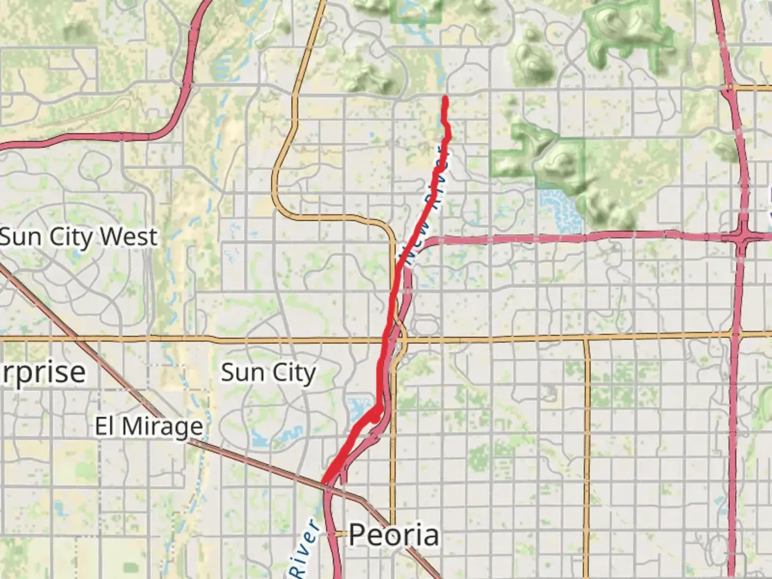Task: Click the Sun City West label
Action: coord(78,237)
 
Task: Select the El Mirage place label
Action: coord(149,427)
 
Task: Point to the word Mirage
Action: coord(162,427)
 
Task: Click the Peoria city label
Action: coord(394,535)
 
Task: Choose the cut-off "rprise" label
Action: coord(43,372)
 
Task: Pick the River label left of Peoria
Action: coord(304,547)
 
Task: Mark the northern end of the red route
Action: coord(445,98)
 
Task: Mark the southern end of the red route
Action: coord(323,482)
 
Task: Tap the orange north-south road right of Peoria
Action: coord(587,456)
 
